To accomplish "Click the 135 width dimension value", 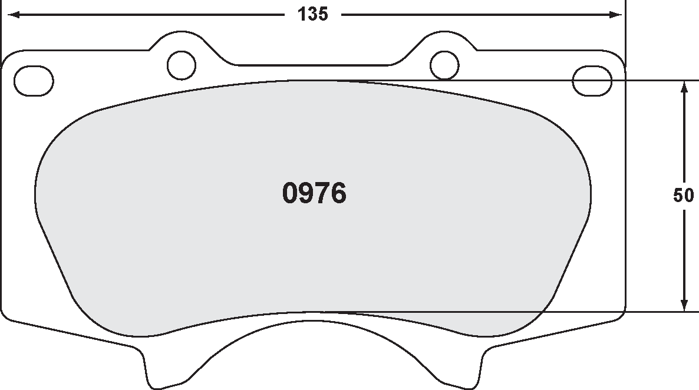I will [x=312, y=15].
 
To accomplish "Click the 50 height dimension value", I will [x=683, y=196].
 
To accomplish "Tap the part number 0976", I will [x=314, y=193].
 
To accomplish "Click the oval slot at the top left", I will [x=33, y=80].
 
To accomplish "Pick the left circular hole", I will [x=182, y=65].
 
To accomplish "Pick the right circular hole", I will [x=444, y=65].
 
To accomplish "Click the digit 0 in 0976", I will [x=291, y=193].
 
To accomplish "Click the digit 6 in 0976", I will [x=338, y=193].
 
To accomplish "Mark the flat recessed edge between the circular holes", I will [x=313, y=64].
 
